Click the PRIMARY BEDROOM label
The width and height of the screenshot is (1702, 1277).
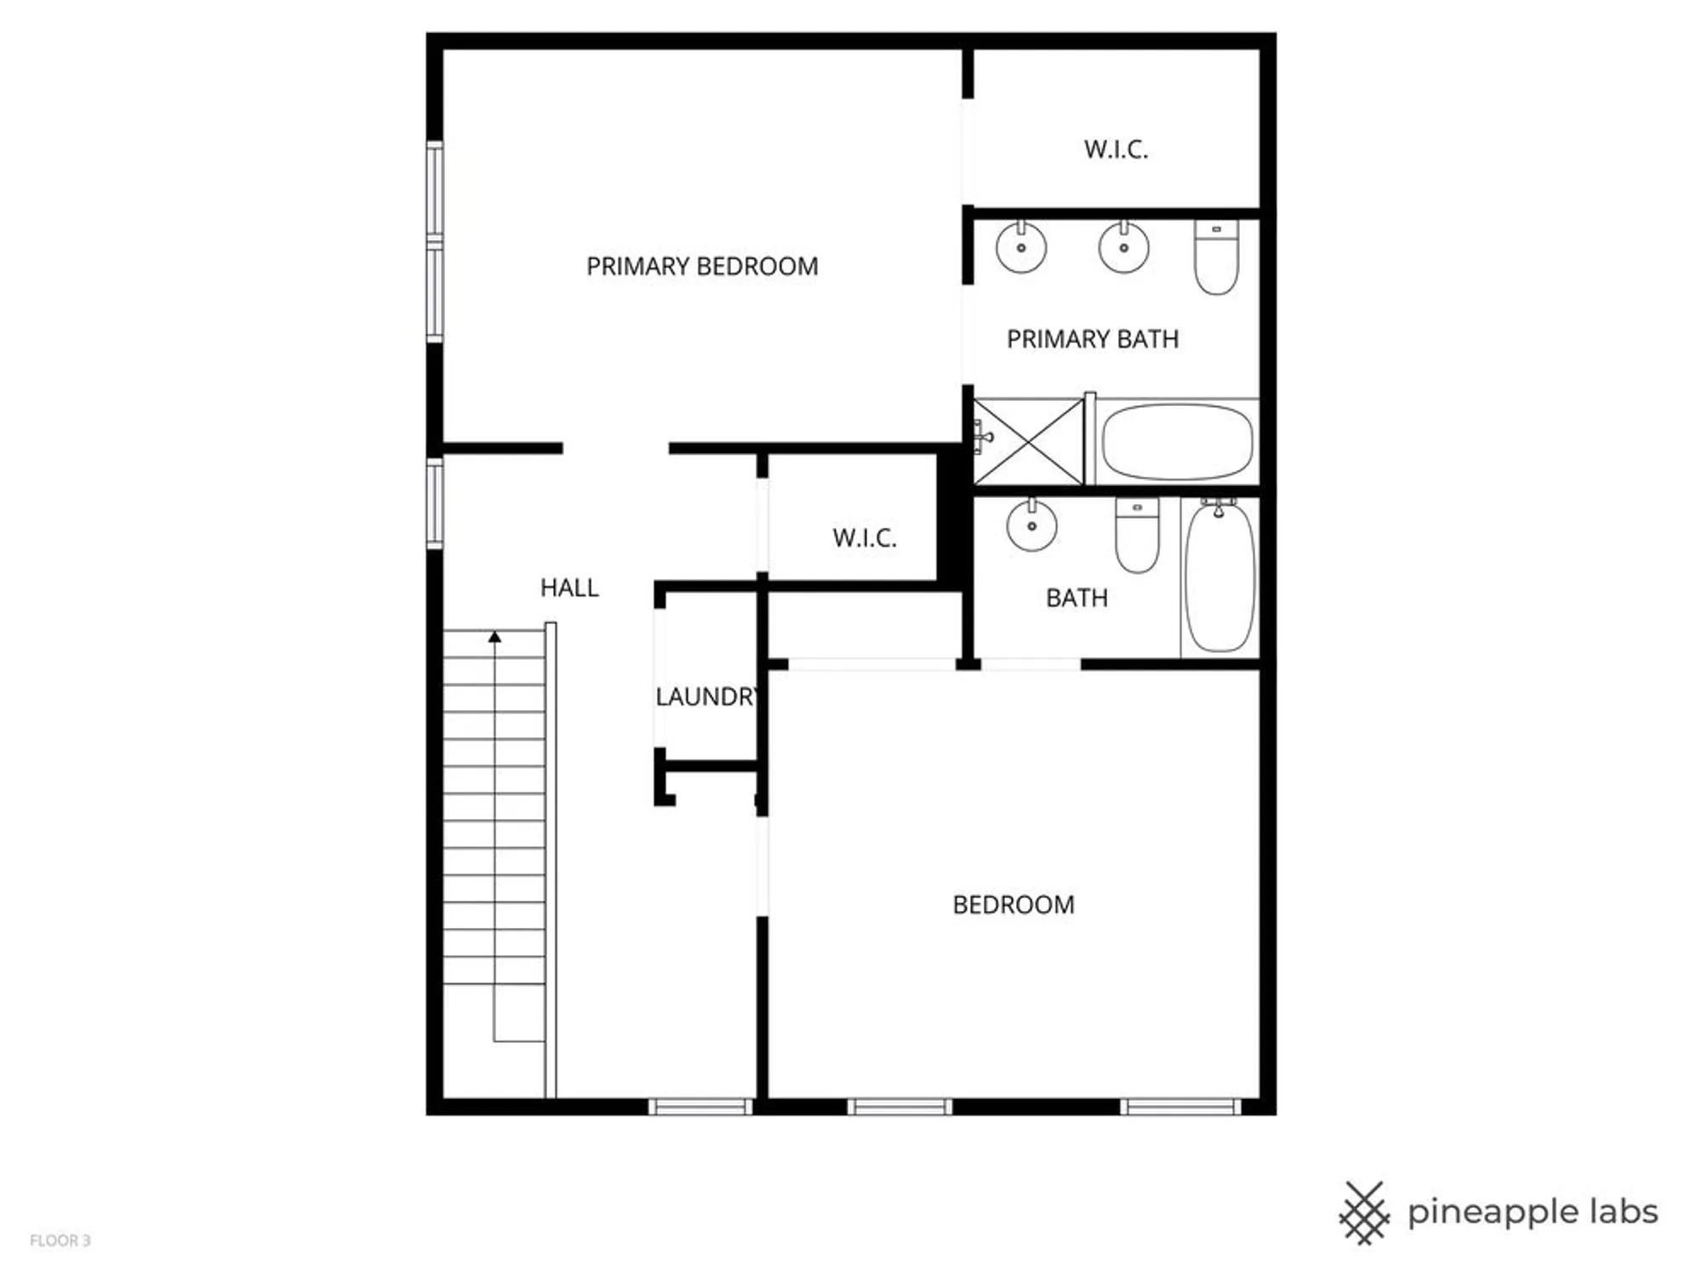click(702, 266)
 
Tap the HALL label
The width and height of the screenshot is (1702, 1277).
click(569, 587)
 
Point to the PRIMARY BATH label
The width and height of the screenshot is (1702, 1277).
click(1093, 339)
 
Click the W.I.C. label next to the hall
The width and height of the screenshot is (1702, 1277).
click(865, 538)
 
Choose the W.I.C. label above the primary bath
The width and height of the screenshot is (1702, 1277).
click(1116, 150)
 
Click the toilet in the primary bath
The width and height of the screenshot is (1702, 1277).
click(1216, 257)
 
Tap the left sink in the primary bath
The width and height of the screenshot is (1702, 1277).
click(1021, 247)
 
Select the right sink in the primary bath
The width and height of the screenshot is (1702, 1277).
click(1123, 247)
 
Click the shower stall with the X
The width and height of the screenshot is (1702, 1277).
click(1030, 442)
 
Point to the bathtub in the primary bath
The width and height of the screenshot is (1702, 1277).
click(1177, 442)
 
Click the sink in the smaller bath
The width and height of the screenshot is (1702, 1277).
click(1031, 525)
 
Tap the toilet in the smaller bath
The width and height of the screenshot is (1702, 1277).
click(1137, 535)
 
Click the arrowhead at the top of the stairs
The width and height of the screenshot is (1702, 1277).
click(494, 637)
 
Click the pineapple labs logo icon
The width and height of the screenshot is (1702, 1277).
click(1364, 1212)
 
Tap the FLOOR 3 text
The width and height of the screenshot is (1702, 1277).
click(60, 1240)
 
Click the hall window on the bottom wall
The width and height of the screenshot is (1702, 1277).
click(700, 1107)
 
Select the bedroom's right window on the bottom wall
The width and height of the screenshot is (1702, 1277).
click(1179, 1107)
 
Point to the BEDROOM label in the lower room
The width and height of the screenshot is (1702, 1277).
click(1014, 904)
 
